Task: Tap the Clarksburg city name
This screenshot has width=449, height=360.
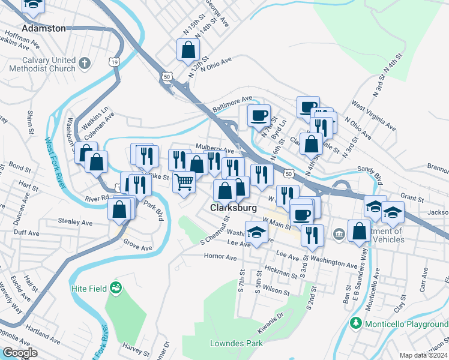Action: pos(234,208)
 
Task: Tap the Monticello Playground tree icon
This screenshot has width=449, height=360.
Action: pos(356,323)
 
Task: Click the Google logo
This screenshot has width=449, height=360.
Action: pos(20,353)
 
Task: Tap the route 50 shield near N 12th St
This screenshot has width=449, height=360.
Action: pos(167,76)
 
